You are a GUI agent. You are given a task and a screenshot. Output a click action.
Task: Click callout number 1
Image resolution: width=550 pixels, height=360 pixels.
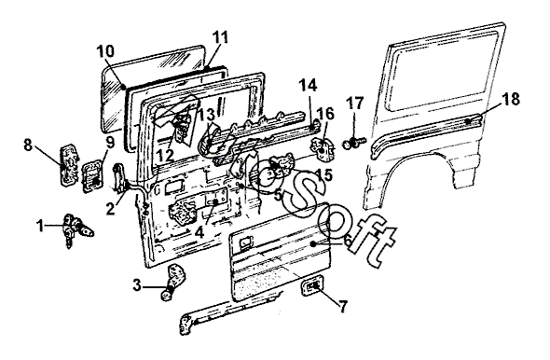[x=41, y=226]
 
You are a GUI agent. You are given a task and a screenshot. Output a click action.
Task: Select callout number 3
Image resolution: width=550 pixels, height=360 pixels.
[x=136, y=285]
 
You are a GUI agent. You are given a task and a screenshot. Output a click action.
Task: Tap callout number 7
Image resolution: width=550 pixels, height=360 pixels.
[x=342, y=306]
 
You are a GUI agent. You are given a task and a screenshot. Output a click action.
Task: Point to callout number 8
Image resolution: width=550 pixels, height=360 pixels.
[x=28, y=145]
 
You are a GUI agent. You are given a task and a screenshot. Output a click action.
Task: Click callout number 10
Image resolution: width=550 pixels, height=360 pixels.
[x=105, y=51]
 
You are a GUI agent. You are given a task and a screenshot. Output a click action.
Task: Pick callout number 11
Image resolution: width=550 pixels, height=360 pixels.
[x=221, y=37]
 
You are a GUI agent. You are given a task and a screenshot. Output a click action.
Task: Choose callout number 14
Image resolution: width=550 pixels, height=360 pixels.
[x=309, y=85]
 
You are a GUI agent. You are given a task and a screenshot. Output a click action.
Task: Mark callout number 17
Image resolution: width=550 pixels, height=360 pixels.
[x=355, y=104]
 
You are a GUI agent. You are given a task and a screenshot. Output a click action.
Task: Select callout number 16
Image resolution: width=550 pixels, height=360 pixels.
[x=326, y=114]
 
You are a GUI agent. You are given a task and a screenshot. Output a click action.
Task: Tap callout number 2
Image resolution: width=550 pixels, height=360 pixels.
[x=110, y=209]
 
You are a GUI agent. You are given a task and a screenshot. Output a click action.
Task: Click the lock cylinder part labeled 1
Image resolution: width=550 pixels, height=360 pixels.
[x=77, y=229]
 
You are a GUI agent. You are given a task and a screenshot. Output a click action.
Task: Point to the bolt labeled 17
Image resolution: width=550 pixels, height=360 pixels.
[x=353, y=143]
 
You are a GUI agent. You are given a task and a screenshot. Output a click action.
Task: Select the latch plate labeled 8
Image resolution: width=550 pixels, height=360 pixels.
[x=68, y=164]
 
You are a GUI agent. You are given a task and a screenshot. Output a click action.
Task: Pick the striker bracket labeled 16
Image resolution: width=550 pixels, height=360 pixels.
[x=323, y=149]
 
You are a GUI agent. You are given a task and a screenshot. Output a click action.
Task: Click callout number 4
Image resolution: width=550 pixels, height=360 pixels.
[x=199, y=232]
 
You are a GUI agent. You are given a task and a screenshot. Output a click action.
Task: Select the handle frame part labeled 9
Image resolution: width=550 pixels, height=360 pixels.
[x=93, y=175]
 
